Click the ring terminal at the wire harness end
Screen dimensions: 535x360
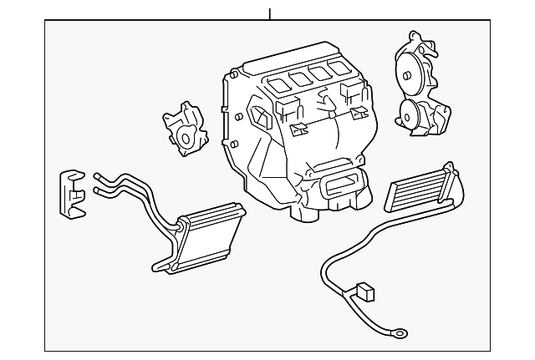[x=401, y=332]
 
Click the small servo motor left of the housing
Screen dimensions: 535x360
[x=185, y=128]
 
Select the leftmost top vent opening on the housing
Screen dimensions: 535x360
[x=278, y=82]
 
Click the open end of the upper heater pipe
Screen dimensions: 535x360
[x=97, y=176]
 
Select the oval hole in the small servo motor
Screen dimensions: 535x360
[x=183, y=136]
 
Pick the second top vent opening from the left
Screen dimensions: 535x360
[x=299, y=76]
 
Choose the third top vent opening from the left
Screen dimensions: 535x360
[x=318, y=71]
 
